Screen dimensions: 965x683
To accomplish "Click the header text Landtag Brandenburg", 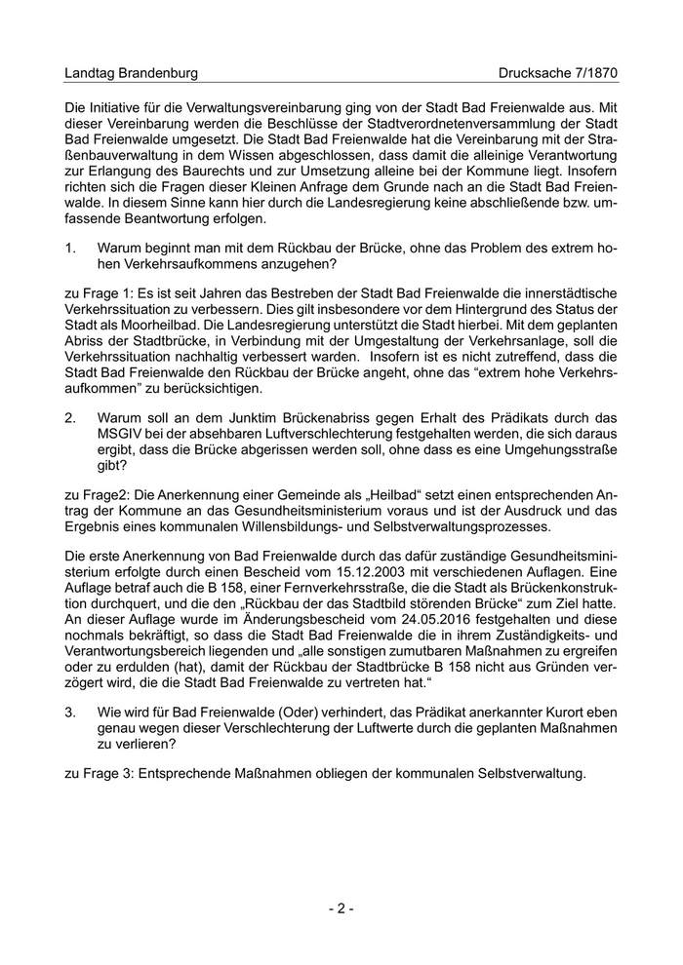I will (x=131, y=73).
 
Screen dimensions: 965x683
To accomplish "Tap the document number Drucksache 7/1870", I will (x=558, y=73).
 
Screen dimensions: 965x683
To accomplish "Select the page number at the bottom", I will (x=341, y=908).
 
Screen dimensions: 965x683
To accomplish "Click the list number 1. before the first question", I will (x=70, y=247).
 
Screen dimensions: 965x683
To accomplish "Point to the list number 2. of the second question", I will (x=70, y=416).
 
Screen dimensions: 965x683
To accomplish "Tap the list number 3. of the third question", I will (x=70, y=713).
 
